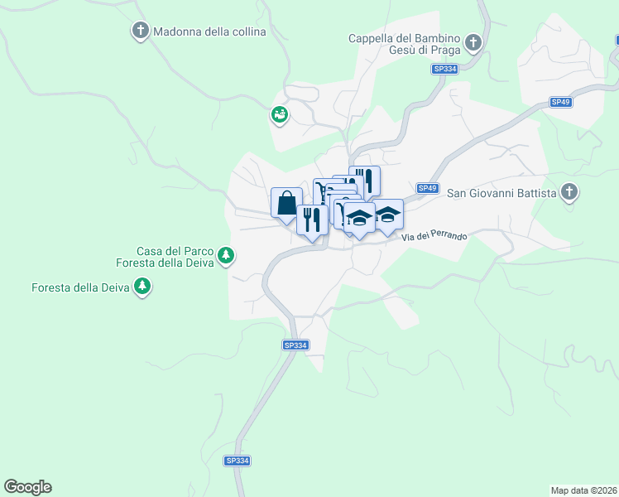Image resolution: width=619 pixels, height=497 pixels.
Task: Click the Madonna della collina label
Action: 209,32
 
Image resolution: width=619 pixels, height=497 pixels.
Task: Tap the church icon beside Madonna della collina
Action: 140,31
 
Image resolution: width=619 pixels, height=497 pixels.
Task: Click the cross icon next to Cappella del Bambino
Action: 473,42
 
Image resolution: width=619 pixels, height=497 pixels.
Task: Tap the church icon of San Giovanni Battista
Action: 569,193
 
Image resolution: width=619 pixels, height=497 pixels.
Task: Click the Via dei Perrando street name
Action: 434,237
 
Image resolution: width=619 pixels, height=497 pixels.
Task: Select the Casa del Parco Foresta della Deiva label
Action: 175,257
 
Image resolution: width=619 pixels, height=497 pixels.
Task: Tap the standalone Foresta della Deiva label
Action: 81,288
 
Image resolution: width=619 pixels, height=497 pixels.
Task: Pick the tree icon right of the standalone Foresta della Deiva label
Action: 144,287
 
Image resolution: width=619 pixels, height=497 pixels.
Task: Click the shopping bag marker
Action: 286,203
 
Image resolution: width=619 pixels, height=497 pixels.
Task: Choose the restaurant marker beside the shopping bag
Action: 311,220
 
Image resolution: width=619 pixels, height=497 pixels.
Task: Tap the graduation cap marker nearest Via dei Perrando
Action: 387,215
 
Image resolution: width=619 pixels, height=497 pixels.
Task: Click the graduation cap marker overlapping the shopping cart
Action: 358,219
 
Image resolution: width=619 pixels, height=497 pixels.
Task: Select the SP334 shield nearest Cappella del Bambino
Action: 445,70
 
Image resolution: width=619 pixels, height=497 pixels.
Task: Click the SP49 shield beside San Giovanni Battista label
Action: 427,188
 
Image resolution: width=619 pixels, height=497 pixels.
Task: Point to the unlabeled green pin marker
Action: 280,115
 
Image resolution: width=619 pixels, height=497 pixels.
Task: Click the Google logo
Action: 27,487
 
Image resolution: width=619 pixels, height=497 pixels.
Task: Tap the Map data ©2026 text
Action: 583,490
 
